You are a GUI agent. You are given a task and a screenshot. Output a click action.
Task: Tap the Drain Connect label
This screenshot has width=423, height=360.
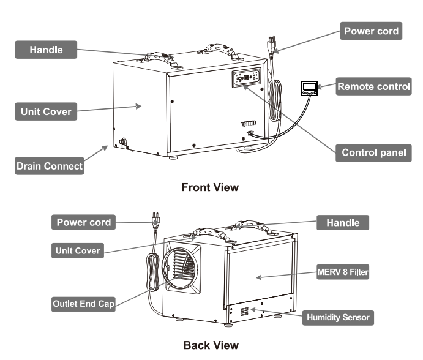click(50, 166)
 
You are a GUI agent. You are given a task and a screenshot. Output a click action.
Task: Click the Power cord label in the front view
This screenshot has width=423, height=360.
click(372, 31)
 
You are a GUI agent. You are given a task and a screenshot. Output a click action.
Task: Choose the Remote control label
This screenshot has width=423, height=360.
click(373, 87)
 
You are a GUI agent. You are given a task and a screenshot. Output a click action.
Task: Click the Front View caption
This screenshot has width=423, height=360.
click(210, 187)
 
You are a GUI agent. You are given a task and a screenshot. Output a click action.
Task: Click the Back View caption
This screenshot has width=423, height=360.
click(210, 345)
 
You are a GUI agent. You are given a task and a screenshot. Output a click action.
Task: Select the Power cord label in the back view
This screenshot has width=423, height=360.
click(84, 222)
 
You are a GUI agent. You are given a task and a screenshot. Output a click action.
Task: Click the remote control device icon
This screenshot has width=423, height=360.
click(309, 88)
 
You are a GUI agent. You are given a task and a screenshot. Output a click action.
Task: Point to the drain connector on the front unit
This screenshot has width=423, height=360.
click(122, 142)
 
